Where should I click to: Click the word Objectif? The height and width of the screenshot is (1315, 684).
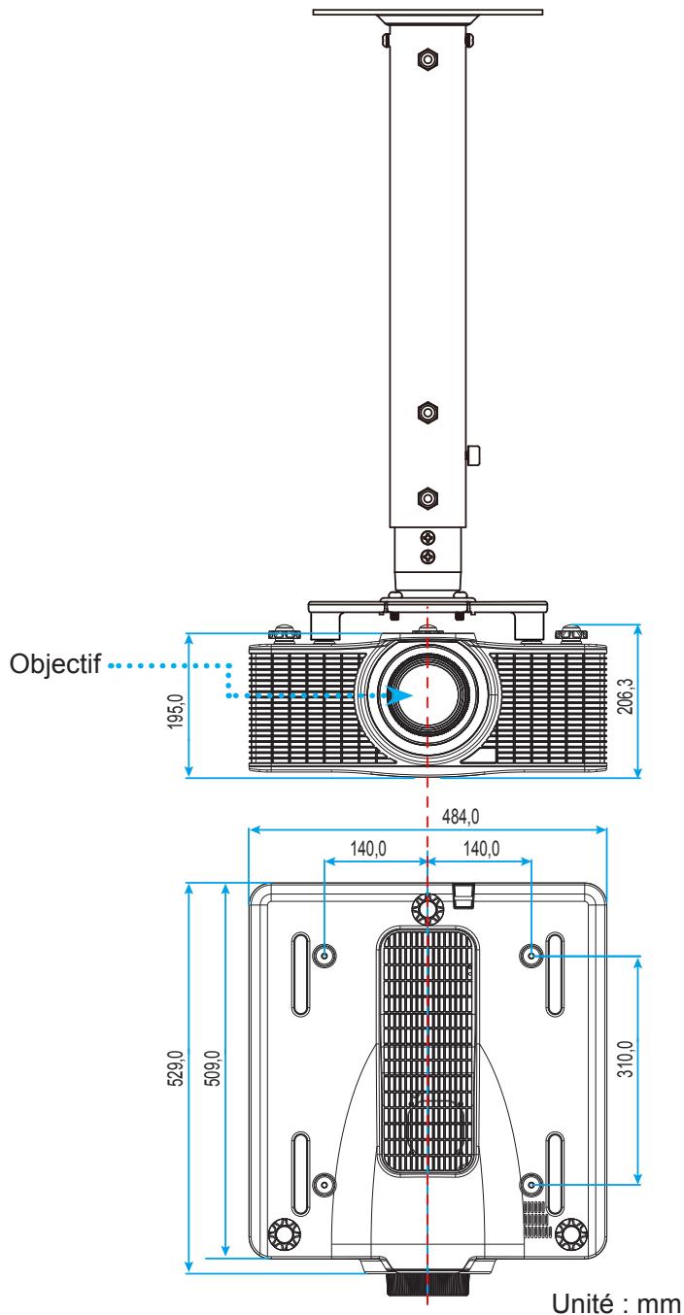(x=55, y=664)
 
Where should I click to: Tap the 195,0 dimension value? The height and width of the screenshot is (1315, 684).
(x=176, y=710)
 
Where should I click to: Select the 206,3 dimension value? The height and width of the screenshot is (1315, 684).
(x=625, y=695)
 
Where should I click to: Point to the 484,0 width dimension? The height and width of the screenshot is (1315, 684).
(x=461, y=816)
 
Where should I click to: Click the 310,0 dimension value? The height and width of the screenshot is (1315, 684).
(x=626, y=1059)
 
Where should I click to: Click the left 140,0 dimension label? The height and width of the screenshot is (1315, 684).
(x=368, y=848)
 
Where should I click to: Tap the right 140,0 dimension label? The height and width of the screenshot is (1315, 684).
(x=482, y=848)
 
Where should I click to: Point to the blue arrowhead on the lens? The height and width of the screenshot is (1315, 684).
(x=401, y=695)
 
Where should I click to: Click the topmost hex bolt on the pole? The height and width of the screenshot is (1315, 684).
(x=428, y=58)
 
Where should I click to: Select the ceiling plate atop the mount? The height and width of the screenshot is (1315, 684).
(x=427, y=12)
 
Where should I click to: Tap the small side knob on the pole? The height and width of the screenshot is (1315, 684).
(x=473, y=455)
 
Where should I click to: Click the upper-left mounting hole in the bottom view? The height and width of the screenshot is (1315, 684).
(x=325, y=955)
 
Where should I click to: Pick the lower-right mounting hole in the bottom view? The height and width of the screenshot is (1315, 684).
(x=531, y=1185)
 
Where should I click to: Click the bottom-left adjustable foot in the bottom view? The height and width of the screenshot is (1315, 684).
(x=284, y=1234)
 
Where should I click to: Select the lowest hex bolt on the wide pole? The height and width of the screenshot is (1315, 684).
(x=428, y=498)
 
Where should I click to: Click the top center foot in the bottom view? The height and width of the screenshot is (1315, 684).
(x=427, y=909)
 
